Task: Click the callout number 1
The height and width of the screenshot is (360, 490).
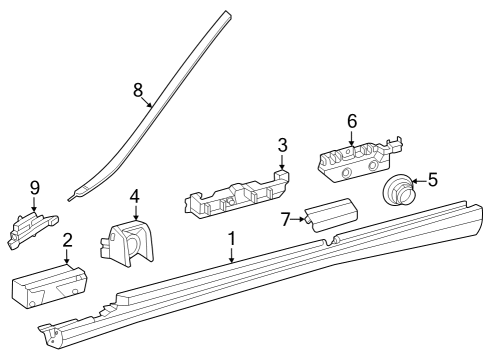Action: pyautogui.click(x=232, y=239)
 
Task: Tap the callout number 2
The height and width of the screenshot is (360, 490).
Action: pyautogui.click(x=67, y=240)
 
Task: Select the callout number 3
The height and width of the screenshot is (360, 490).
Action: pyautogui.click(x=282, y=146)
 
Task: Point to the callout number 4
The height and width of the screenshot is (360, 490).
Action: pyautogui.click(x=134, y=196)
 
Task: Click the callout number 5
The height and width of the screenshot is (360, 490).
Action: pyautogui.click(x=432, y=180)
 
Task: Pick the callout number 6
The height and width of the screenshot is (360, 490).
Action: pyautogui.click(x=352, y=121)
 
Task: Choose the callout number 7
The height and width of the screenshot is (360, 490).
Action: pyautogui.click(x=286, y=219)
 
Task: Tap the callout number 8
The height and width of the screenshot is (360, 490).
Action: pyautogui.click(x=138, y=90)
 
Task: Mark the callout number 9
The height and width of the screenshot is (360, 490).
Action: pyautogui.click(x=35, y=188)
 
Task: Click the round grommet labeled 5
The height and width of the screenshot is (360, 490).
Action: pyautogui.click(x=397, y=190)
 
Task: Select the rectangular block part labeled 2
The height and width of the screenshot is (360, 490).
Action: pyautogui.click(x=49, y=285)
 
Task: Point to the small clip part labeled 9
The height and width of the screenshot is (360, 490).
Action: pyautogui.click(x=32, y=230)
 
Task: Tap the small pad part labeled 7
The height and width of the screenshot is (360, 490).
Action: pyautogui.click(x=331, y=215)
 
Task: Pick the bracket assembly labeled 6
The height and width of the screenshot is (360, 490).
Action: pyautogui.click(x=360, y=159)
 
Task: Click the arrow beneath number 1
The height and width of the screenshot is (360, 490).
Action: pyautogui.click(x=232, y=255)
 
